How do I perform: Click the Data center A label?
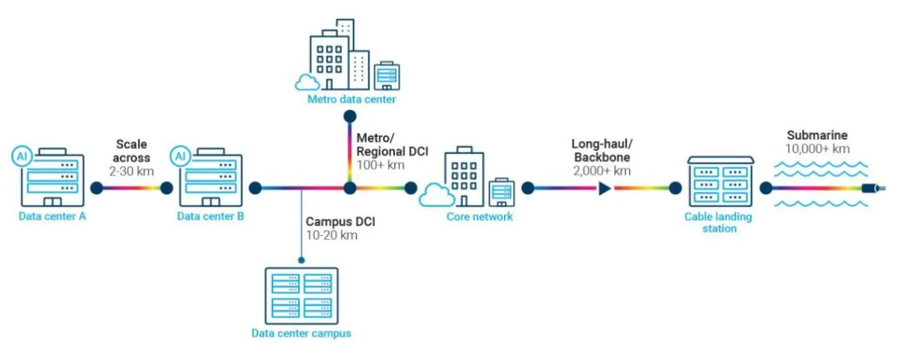click(x=52, y=217)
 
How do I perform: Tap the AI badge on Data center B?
click(x=180, y=156)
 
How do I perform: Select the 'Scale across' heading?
click(x=132, y=150)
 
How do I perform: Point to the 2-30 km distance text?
click(x=132, y=171)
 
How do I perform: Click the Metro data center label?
click(x=352, y=100)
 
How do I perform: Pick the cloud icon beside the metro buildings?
click(x=307, y=82)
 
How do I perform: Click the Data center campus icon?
click(x=302, y=296)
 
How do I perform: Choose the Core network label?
click(x=479, y=217)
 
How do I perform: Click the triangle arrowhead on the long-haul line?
click(x=604, y=187)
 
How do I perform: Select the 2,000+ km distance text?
click(x=602, y=171)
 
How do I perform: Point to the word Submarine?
click(x=817, y=136)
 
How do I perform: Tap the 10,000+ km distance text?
click(x=817, y=149)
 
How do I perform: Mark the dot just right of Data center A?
click(x=97, y=187)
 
